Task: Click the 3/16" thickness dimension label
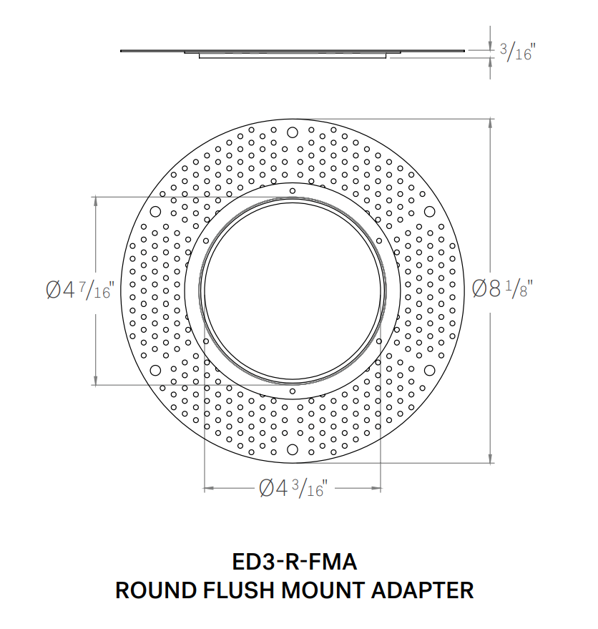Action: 516,52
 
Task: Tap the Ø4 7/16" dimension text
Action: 79,291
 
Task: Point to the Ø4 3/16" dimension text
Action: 293,489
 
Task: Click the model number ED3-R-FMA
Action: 295,562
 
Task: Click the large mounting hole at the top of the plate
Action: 293,132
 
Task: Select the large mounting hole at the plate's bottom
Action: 293,449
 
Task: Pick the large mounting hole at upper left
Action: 155,211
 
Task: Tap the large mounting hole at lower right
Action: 429,369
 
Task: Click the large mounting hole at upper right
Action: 429,211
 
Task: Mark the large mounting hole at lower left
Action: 155,369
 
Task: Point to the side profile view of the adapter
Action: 293,53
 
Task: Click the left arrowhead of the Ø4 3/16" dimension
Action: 208,489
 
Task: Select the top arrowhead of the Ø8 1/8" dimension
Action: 491,122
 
